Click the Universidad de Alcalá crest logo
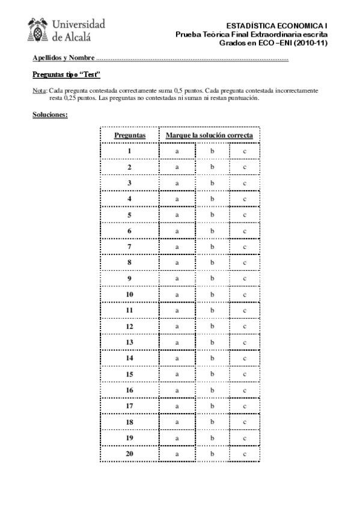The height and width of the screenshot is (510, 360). [39, 29]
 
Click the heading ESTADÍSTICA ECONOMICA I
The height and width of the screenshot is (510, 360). [277, 26]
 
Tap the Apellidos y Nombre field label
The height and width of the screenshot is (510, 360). [63, 59]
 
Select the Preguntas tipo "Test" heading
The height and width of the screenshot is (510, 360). [66, 75]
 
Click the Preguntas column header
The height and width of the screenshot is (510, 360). [129, 135]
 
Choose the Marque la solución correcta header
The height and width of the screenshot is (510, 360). [209, 135]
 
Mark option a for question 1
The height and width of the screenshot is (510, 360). [177, 151]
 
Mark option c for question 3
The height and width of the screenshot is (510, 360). [245, 183]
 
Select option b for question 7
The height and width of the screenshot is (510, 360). [212, 247]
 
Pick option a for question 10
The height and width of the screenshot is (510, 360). [177, 294]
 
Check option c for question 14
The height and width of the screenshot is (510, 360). [245, 358]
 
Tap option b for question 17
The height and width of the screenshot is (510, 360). [212, 406]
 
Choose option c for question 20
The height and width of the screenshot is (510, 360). [245, 453]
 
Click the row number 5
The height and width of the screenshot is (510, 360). [129, 215]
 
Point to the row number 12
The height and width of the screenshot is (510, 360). [129, 326]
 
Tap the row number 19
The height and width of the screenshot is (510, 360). [129, 438]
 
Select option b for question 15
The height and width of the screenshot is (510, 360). [212, 374]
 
